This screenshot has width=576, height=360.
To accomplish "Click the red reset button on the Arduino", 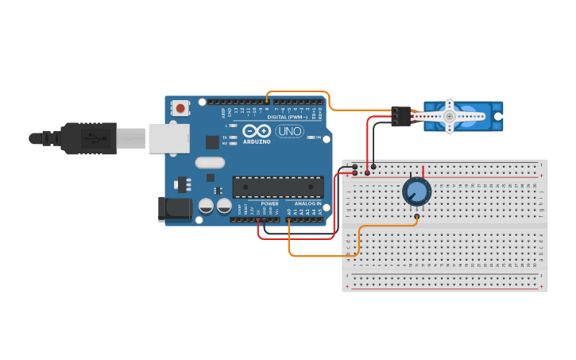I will [x=181, y=107].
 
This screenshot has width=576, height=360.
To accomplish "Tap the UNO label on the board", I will [x=290, y=131].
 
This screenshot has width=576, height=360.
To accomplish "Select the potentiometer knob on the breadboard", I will [x=416, y=192].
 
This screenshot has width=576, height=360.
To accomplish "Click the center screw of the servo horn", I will [x=449, y=116].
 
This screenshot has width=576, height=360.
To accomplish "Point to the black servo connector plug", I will [x=400, y=116].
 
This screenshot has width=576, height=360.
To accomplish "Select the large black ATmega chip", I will [x=277, y=187].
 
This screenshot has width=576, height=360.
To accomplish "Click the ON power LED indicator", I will [x=310, y=137].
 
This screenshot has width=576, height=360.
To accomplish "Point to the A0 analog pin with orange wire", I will [x=289, y=220].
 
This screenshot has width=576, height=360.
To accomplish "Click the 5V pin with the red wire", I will [x=258, y=220].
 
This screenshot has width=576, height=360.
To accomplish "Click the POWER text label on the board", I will [x=269, y=203].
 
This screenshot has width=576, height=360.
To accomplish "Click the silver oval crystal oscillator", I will [x=209, y=163].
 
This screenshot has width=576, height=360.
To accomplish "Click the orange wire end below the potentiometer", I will [x=417, y=216].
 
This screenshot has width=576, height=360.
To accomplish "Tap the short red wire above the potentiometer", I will [x=423, y=171].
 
